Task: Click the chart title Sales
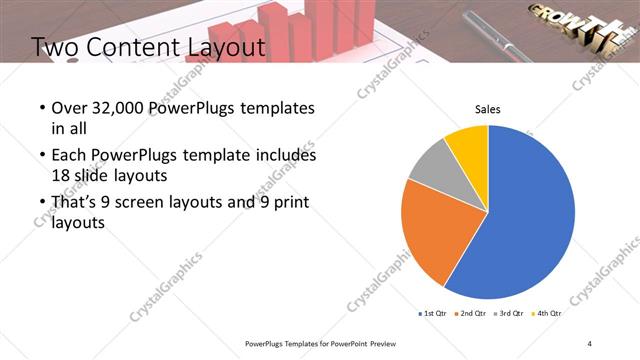point(487,110)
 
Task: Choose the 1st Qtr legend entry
point(433,314)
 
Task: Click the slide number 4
point(589,343)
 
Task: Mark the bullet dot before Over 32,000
point(40,108)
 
